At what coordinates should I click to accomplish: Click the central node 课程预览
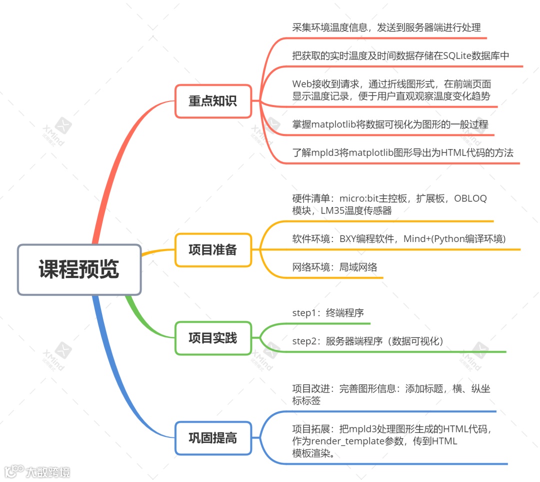[x=79, y=269]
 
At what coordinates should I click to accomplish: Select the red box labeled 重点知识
[x=213, y=101]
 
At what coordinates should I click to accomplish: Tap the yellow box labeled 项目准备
[x=213, y=250]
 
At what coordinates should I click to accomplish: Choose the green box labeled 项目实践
[x=213, y=338]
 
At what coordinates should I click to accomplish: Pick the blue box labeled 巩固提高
[x=213, y=438]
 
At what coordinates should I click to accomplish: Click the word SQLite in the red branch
[x=458, y=56]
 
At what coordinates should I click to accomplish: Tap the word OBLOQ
[x=470, y=198]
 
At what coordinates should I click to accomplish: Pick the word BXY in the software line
[x=349, y=239]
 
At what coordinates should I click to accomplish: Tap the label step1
[x=305, y=313]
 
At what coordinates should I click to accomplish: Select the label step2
[x=305, y=341]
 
